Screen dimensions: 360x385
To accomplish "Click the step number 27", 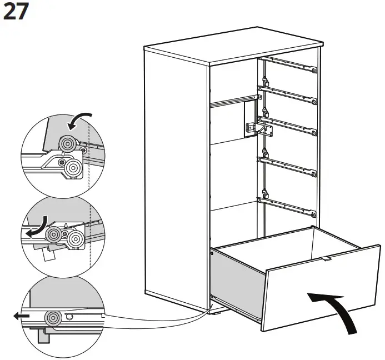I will click(x=16, y=12).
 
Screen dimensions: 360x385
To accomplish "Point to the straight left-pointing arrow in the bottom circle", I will click(x=22, y=316).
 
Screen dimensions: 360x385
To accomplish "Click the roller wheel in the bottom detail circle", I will click(x=54, y=318).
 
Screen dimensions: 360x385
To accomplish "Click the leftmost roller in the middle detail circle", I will click(x=53, y=235).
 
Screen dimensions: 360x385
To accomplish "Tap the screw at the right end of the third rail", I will click(x=314, y=133).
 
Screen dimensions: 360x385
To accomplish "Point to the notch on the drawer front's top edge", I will click(x=327, y=258).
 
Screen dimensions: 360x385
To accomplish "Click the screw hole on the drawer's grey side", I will click(x=213, y=254).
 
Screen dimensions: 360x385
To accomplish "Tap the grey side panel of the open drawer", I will click(x=239, y=281).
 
